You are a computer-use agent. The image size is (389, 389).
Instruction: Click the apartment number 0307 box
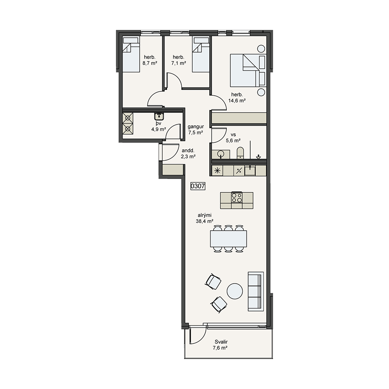pos(198,186)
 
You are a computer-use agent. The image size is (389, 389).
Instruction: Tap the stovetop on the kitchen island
pos(237,198)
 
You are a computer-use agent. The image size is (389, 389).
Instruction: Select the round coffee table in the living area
pos(235,291)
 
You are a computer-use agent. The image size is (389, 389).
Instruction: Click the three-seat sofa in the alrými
pos(256,291)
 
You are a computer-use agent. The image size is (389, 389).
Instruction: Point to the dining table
pos(228,239)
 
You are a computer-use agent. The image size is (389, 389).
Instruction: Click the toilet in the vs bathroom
pos(240,153)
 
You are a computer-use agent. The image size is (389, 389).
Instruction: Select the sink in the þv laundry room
pos(159,116)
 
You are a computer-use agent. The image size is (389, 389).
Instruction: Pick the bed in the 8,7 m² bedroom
pos(131,55)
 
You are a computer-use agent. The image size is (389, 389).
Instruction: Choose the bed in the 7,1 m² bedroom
pos(201,55)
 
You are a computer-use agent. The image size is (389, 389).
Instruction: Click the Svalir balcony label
pos(221,342)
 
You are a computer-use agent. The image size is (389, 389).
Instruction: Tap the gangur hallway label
pos(196,126)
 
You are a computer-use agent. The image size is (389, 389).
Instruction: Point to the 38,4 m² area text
pos(205,221)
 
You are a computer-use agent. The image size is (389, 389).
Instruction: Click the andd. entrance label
pos(188,151)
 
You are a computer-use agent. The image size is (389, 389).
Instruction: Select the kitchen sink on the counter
pos(250,171)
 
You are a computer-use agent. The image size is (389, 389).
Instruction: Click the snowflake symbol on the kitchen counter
pos(217,171)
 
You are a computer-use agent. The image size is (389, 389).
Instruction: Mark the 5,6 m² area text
pos(233,141)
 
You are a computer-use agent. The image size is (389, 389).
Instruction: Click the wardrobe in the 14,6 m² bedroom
pos(239,118)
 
